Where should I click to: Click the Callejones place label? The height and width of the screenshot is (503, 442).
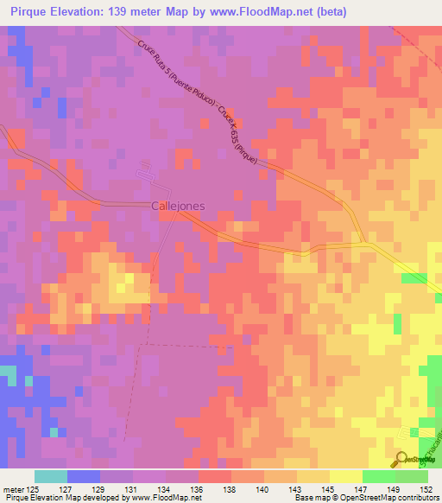coord(179,207)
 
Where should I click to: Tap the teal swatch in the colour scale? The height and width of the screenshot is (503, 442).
coord(51,476)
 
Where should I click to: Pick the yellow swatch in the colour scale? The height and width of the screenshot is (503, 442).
coord(345,476)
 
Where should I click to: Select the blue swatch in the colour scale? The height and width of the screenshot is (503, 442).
coord(84,476)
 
